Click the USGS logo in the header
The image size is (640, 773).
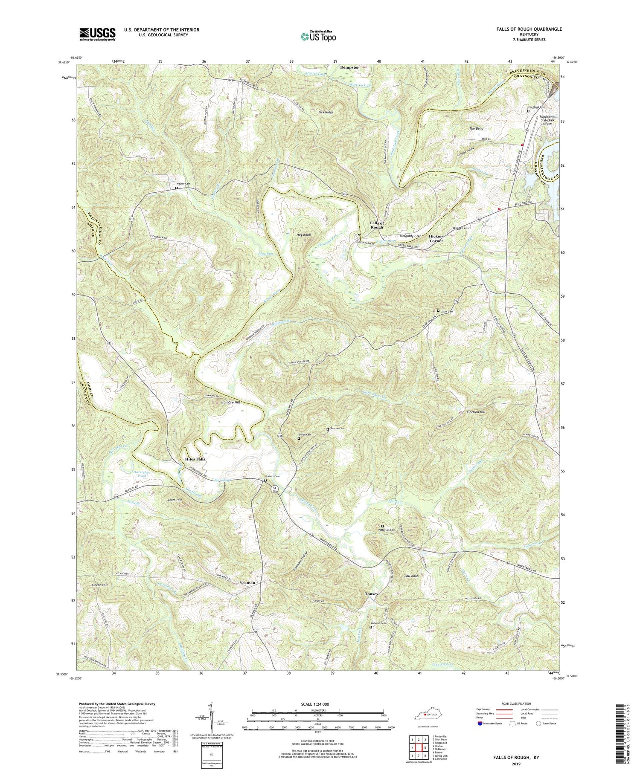pyautogui.click(x=97, y=34)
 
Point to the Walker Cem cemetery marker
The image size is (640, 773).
pyautogui.click(x=176, y=188)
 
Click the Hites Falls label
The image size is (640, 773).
pyautogui.click(x=195, y=459)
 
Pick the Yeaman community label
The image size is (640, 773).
pyautogui.click(x=247, y=582)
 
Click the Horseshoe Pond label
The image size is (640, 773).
pyautogui.click(x=142, y=473)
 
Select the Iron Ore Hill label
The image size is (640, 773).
pyautogui.click(x=231, y=402)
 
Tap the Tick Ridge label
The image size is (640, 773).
pyautogui.click(x=326, y=112)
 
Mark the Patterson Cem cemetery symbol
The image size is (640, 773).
pyautogui.click(x=382, y=526)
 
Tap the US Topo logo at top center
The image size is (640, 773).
pyautogui.click(x=318, y=36)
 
